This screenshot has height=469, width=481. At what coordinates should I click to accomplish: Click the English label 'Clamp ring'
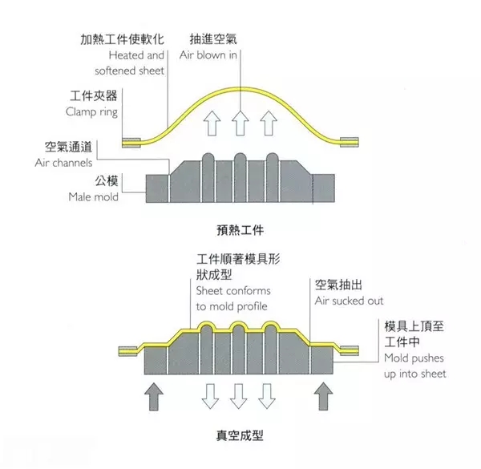91,112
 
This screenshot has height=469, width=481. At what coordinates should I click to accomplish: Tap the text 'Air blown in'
208,55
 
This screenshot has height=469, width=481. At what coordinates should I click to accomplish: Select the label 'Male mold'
93,196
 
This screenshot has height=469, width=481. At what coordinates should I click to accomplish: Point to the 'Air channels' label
63,163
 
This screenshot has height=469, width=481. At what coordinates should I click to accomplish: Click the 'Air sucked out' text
349,301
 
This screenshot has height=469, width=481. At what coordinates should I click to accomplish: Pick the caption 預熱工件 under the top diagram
240,230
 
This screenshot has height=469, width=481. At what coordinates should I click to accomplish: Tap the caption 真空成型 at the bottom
240,435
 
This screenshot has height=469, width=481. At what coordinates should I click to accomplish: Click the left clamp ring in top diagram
131,143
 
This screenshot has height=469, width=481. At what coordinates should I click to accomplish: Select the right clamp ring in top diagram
349,142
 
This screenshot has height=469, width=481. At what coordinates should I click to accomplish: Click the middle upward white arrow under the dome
240,123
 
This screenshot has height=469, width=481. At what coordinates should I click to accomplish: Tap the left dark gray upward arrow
153,396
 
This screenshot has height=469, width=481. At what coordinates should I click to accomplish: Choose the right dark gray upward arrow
323,396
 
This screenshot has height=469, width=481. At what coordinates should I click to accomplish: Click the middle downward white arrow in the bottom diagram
238,396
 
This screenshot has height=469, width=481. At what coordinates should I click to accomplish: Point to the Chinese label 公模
107,181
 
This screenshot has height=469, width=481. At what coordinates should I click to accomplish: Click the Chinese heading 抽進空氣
213,39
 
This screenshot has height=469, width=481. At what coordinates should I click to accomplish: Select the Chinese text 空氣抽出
338,285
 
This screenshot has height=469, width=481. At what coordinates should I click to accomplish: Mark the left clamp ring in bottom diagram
128,351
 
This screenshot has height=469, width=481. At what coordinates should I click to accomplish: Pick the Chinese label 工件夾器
94,95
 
